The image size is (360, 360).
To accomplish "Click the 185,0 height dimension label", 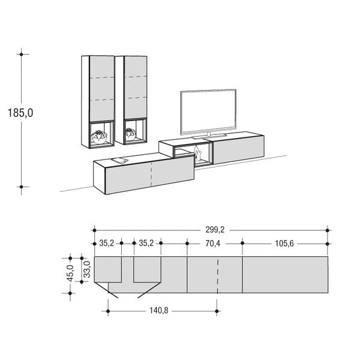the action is [x=20, y=113].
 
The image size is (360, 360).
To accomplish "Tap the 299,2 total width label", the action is [x=215, y=230].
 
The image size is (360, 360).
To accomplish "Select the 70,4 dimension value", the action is [x=213, y=244].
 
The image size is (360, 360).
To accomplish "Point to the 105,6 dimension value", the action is [x=284, y=244].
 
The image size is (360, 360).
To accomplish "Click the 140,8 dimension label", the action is [x=159, y=311].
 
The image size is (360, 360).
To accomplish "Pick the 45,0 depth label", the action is [x=70, y=273].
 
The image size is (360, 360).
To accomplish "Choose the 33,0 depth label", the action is [x=87, y=269].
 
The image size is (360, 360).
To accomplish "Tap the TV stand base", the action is [x=209, y=136].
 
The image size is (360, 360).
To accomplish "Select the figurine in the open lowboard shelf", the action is [x=197, y=153].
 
